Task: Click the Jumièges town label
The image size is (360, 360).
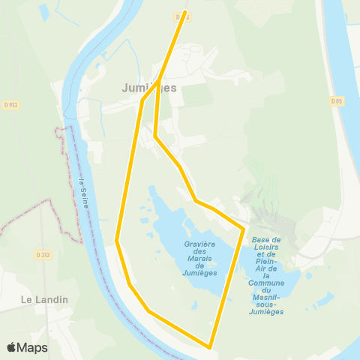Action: (149, 88)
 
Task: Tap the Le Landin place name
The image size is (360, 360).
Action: (44, 299)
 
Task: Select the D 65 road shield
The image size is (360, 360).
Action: (336, 100)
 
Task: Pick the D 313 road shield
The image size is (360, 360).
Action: (43, 255)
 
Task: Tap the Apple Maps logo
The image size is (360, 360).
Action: (27, 347)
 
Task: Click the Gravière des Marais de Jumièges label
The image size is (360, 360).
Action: (199, 259)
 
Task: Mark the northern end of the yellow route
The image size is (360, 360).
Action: (185, 12)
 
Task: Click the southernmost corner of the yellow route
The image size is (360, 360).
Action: (210, 346)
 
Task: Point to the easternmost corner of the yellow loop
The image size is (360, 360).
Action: (244, 227)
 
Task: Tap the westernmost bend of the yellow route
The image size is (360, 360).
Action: (117, 240)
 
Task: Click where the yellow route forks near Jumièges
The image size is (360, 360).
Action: (160, 80)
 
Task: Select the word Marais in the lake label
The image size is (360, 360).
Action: (199, 259)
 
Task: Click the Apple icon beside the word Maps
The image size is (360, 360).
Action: (12, 347)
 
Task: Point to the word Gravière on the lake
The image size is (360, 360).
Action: (199, 244)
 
